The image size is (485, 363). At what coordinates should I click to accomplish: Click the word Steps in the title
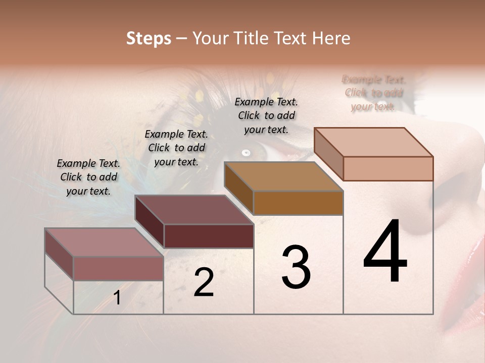point(148,38)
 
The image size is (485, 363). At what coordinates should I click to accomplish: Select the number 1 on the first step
point(117,298)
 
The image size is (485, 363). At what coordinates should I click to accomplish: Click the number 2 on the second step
point(204,282)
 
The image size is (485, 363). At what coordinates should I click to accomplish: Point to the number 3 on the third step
point(296,267)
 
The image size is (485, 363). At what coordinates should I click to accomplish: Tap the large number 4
point(385,252)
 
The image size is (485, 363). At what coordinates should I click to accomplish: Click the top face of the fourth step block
point(374,142)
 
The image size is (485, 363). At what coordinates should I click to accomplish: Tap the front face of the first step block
point(118,268)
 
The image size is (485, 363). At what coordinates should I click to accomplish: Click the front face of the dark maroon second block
point(209,236)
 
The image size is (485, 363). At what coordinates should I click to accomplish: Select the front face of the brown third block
point(298,203)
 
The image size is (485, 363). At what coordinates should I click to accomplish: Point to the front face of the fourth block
point(388,168)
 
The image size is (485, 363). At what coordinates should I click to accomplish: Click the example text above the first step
point(88,177)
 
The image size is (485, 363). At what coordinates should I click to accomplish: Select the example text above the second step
point(176,148)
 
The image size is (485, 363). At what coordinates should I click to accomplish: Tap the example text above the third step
point(266,115)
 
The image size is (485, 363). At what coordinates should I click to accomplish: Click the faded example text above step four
point(374,93)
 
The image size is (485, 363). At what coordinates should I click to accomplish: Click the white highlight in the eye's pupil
point(246,152)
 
